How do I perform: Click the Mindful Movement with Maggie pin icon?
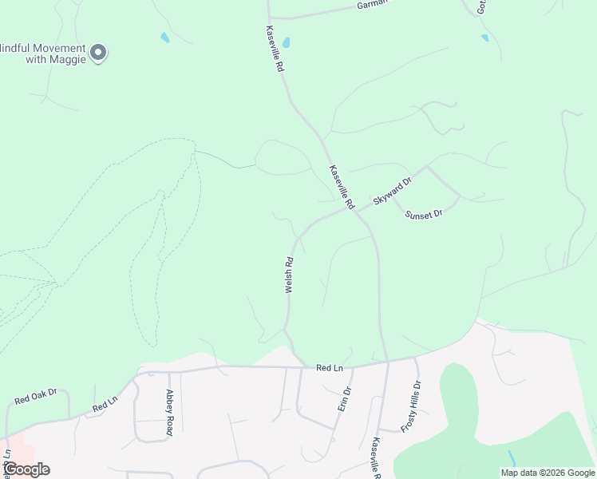point(98,53)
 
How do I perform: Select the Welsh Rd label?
point(289,275)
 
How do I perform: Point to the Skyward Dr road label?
point(392,192)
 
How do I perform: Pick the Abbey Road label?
point(169,412)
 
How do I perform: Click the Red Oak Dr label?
point(36,395)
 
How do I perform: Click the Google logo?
point(26,469)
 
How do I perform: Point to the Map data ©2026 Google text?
point(548,473)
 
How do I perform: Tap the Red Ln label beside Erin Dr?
point(329,368)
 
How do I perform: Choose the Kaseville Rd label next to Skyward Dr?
point(342,187)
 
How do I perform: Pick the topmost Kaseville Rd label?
point(275,49)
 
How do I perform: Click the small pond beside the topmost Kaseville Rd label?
point(286,42)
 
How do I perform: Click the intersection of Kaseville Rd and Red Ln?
point(388,362)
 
